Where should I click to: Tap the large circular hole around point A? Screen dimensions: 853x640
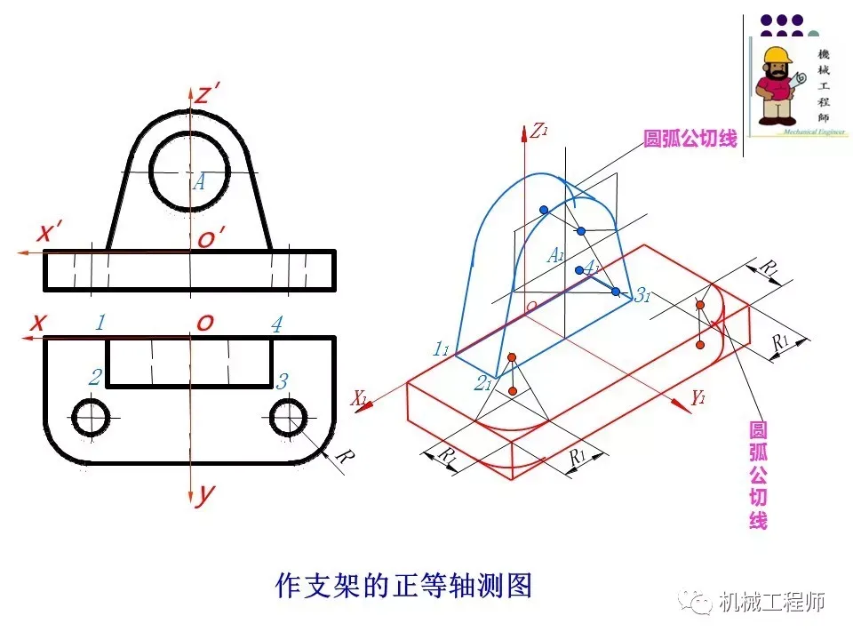pos(189,168)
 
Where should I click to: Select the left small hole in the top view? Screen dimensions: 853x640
pos(91,417)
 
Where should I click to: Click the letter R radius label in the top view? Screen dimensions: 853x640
pos(346,458)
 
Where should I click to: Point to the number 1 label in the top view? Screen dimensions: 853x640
pos(100,323)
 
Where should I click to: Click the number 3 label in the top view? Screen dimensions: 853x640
pos(283,382)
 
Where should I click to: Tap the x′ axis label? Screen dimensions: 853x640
pos(49,234)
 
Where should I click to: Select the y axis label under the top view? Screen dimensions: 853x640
pos(205,495)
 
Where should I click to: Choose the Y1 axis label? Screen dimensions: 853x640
pos(699,399)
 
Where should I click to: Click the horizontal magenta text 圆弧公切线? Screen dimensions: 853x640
pos(690,139)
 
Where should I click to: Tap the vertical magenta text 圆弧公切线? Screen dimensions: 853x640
pos(758,476)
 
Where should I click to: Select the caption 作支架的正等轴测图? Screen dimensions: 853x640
pos(404,587)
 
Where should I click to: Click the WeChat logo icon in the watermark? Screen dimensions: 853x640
pos(698,602)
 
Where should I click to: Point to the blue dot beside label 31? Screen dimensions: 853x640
pos(615,292)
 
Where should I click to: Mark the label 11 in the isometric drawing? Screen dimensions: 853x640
pos(441,349)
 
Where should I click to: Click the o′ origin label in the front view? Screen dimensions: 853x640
pos(211,238)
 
